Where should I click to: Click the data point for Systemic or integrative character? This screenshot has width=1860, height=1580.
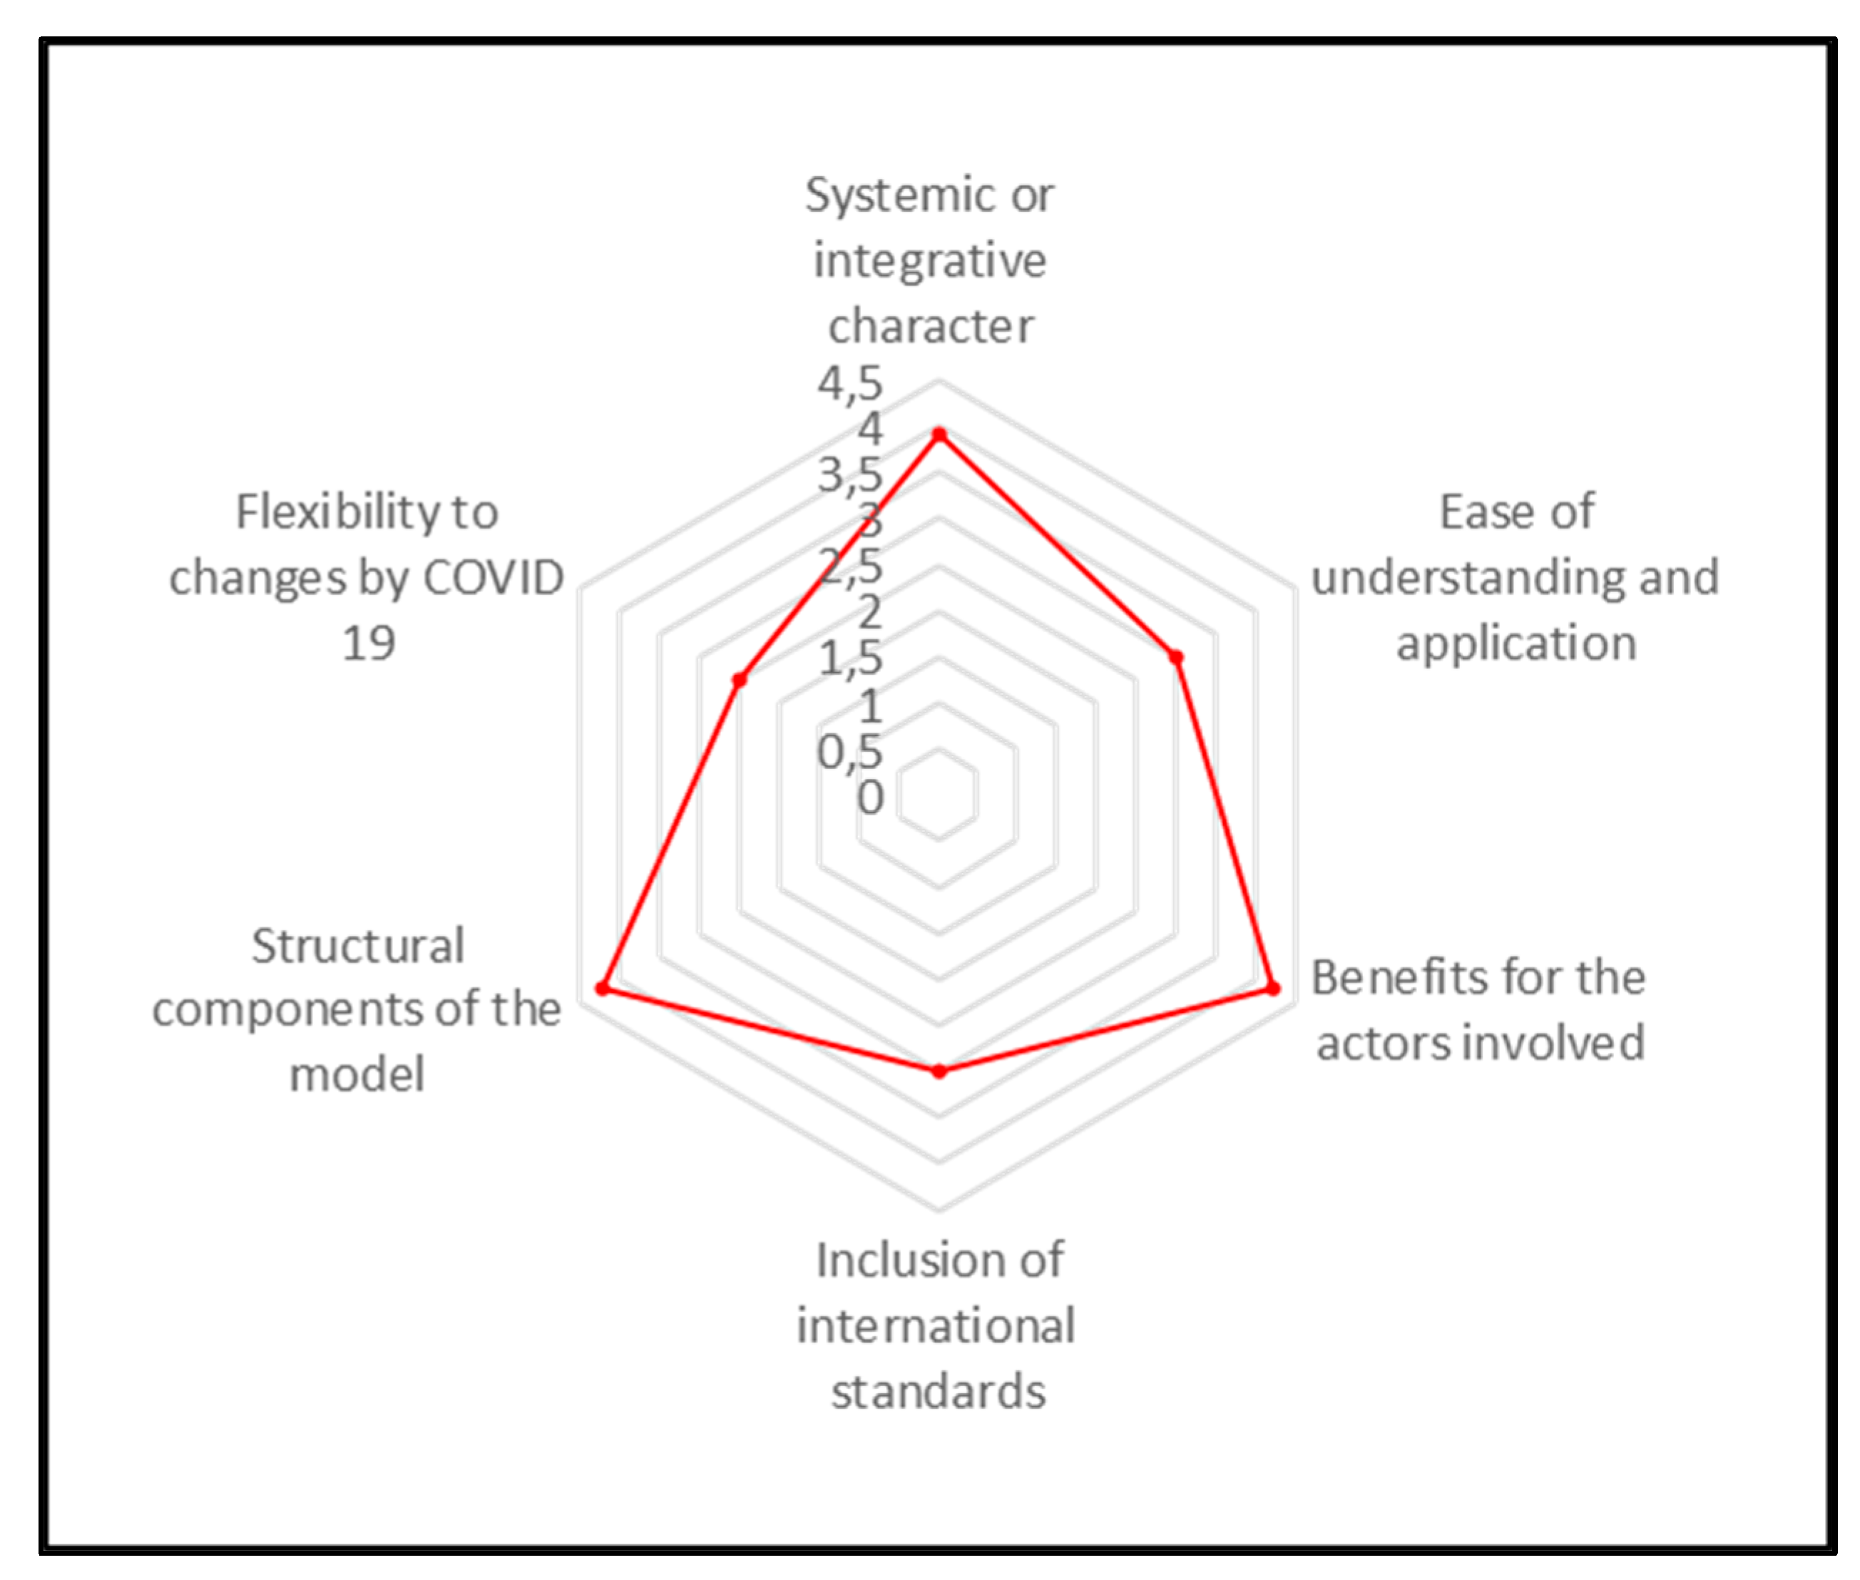click(x=939, y=435)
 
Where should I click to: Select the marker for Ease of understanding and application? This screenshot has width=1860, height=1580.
click(x=1177, y=658)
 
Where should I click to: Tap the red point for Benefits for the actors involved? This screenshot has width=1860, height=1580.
click(x=1272, y=989)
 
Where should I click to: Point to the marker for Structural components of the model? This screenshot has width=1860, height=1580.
click(x=603, y=988)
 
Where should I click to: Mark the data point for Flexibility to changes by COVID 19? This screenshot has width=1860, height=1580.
click(x=739, y=680)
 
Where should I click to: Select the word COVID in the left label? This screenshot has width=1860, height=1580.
click(x=494, y=578)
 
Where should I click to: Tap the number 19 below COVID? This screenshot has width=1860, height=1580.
click(x=368, y=643)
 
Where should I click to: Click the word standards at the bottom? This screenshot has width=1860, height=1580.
click(x=938, y=1392)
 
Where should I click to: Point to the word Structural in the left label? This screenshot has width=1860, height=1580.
click(x=357, y=946)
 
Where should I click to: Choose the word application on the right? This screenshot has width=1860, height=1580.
click(x=1516, y=643)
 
